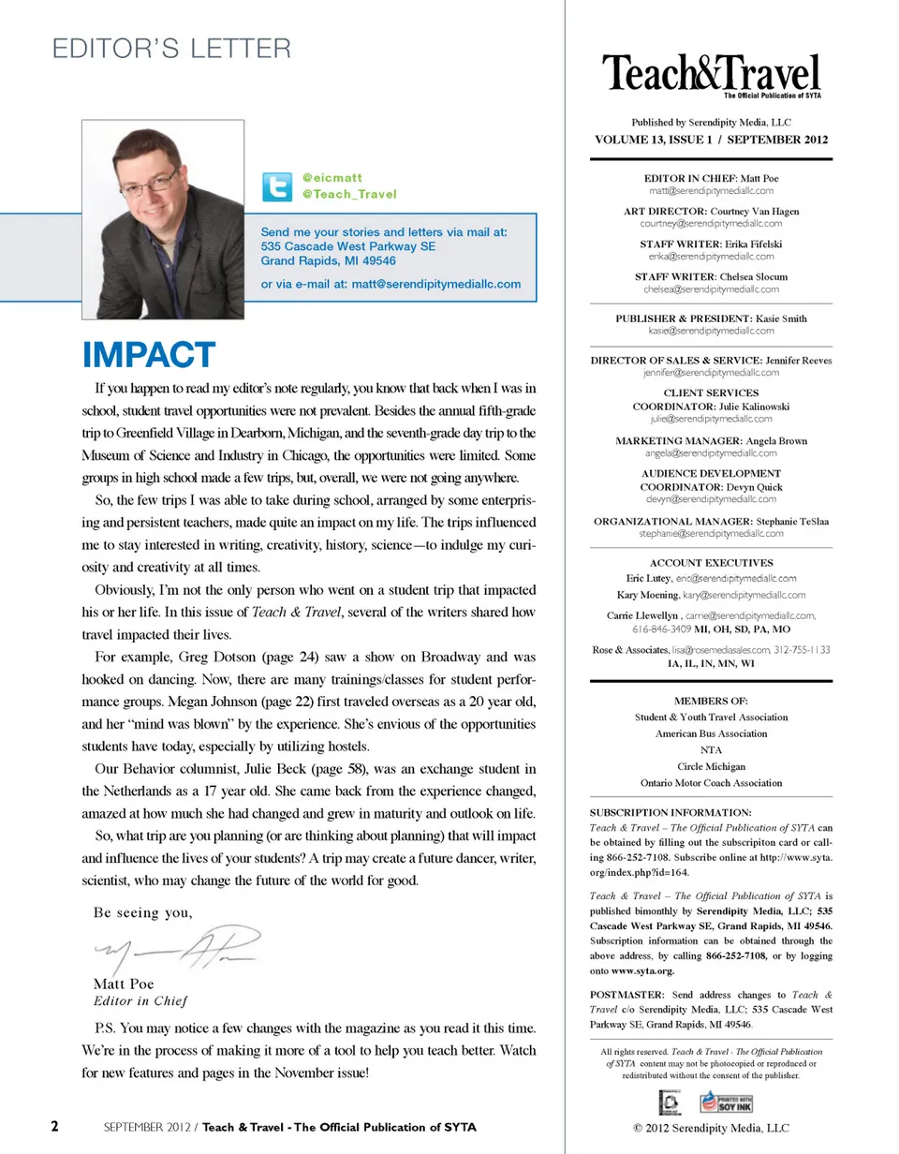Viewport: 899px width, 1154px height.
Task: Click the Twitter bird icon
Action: pyautogui.click(x=275, y=186)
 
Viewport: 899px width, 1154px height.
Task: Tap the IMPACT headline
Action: pyautogui.click(x=149, y=355)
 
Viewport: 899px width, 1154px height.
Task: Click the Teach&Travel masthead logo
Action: pyautogui.click(x=711, y=75)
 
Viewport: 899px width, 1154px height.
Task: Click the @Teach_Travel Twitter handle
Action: pyautogui.click(x=349, y=195)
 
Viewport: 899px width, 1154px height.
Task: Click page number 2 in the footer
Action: pyautogui.click(x=55, y=1127)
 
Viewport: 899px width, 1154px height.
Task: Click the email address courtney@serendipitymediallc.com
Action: pyautogui.click(x=711, y=224)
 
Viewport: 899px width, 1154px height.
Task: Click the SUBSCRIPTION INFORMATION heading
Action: pyautogui.click(x=671, y=812)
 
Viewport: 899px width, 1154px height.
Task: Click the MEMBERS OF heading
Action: pyautogui.click(x=711, y=701)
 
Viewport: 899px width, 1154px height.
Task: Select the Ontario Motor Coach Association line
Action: pyautogui.click(x=711, y=782)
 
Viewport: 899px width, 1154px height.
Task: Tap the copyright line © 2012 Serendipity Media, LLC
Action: pyautogui.click(x=711, y=1128)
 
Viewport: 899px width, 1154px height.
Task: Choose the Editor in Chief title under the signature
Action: pyautogui.click(x=140, y=999)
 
